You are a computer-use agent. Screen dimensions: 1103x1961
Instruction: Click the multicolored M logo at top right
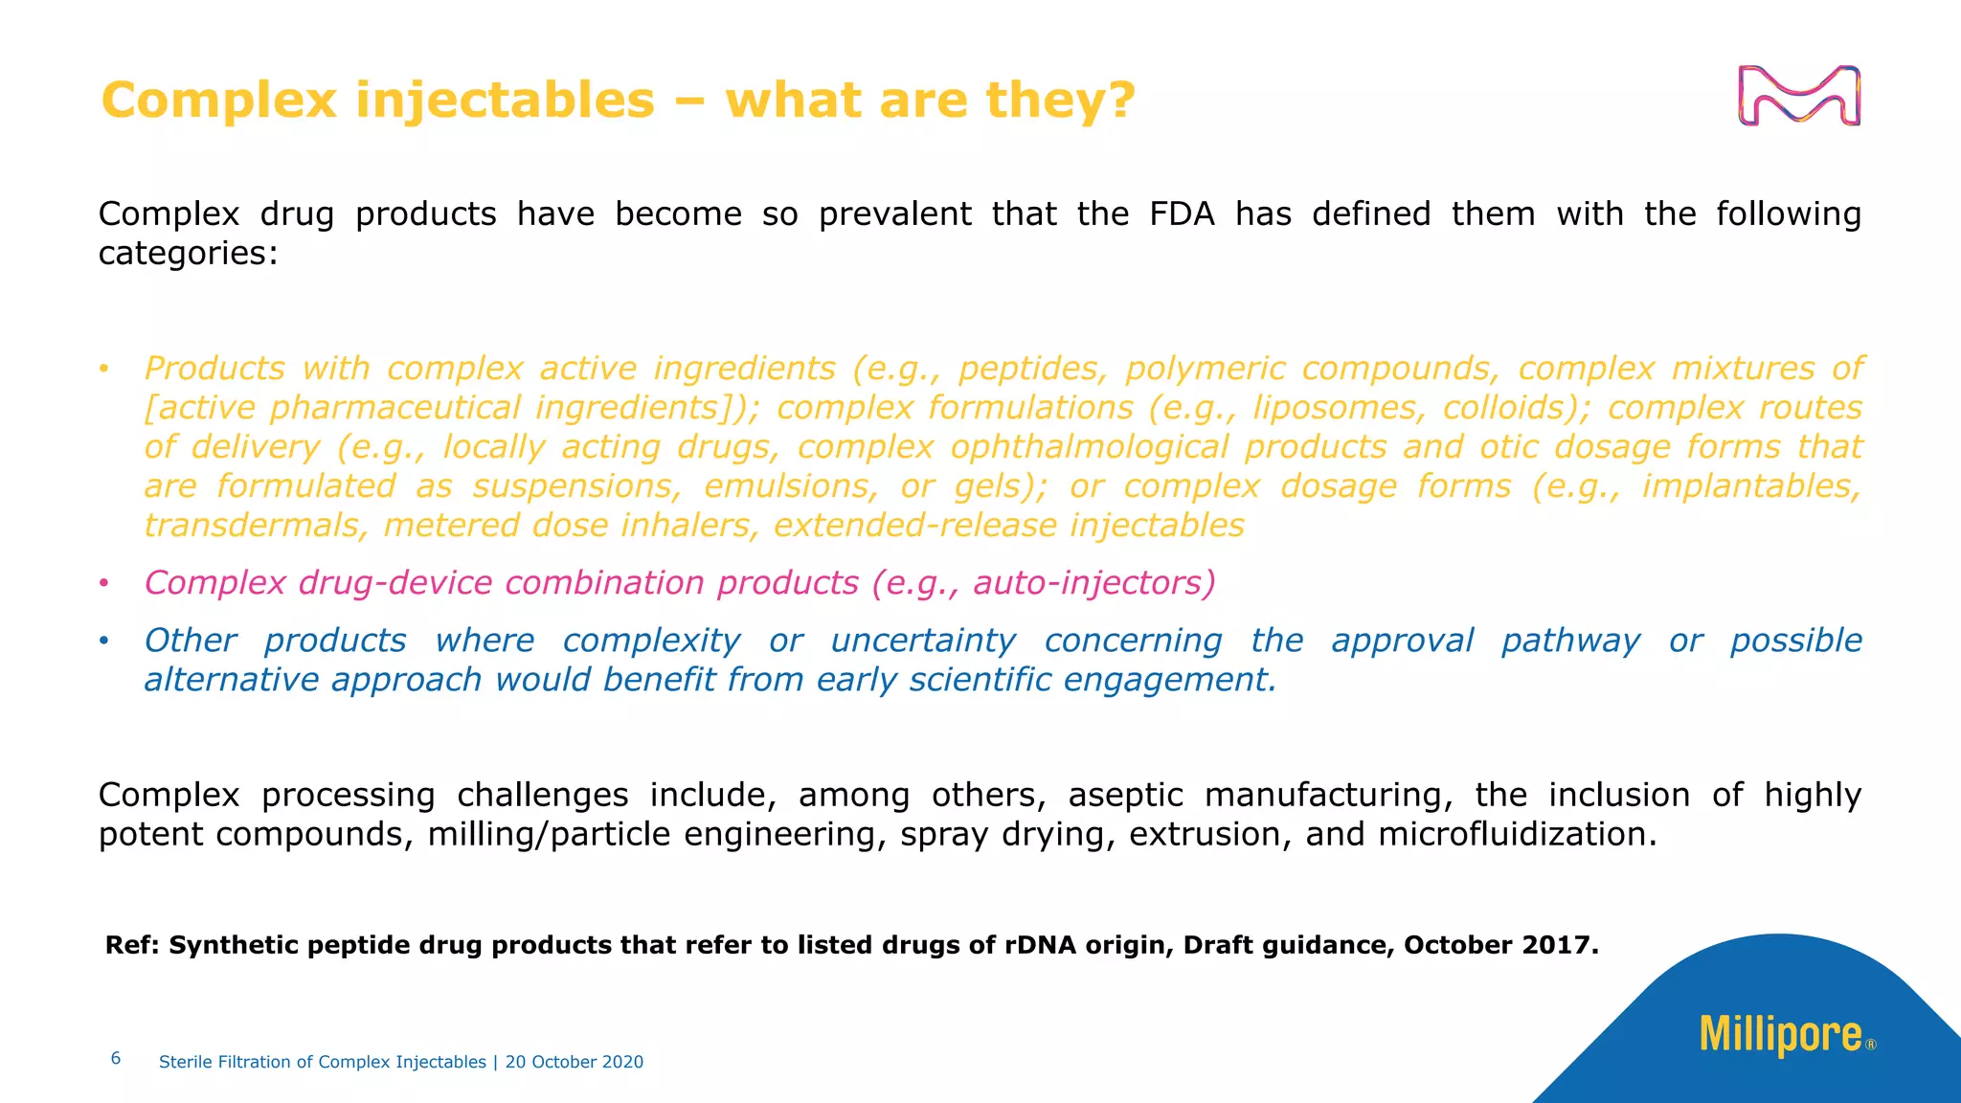click(1799, 96)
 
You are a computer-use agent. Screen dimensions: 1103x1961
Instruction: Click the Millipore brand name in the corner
click(1781, 1035)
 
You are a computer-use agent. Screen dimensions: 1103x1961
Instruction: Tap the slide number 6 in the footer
click(116, 1058)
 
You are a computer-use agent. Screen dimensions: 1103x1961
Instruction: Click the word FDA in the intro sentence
click(1182, 214)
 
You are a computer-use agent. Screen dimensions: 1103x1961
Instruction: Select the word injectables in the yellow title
click(505, 101)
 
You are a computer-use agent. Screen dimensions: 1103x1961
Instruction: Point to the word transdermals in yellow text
click(255, 526)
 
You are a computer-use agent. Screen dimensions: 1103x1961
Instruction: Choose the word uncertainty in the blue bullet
click(922, 641)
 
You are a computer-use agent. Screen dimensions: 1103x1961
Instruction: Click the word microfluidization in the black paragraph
click(1517, 835)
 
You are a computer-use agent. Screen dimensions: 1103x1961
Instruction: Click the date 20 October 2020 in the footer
click(575, 1062)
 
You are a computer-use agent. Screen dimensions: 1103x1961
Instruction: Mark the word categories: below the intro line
click(188, 254)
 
